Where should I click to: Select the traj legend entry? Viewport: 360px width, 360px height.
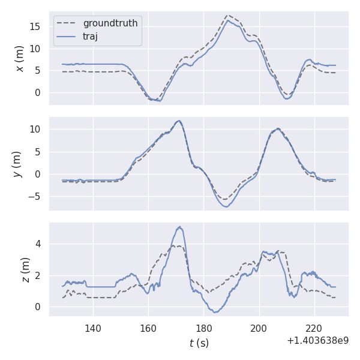(90, 37)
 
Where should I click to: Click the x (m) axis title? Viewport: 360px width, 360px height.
(20, 58)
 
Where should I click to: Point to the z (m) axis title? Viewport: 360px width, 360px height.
(25, 269)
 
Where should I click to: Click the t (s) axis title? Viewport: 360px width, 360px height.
(199, 343)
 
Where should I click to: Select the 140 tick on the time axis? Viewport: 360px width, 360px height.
(93, 328)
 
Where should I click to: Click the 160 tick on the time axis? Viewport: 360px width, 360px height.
(148, 328)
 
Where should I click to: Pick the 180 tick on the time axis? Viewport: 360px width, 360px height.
(204, 328)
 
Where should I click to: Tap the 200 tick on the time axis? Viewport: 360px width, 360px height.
(259, 328)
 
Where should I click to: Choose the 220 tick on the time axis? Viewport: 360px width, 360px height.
(314, 328)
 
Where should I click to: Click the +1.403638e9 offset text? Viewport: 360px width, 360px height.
(317, 341)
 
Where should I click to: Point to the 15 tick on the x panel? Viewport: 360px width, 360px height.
(37, 26)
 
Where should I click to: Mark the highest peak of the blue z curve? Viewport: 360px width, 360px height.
(179, 227)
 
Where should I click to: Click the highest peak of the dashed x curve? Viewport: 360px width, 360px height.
(228, 16)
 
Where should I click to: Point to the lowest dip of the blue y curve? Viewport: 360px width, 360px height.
(226, 206)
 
